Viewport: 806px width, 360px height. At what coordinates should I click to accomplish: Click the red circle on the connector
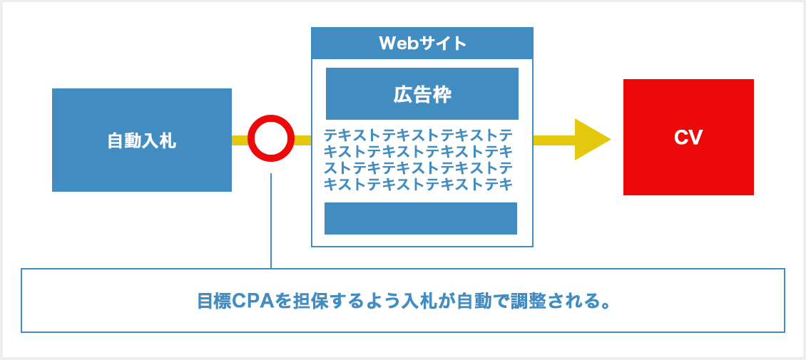coord(271,139)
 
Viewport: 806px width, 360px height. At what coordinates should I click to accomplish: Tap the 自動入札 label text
coord(141,140)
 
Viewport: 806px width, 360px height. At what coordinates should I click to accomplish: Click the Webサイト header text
coord(422,43)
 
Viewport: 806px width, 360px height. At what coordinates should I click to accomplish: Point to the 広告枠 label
coord(422,94)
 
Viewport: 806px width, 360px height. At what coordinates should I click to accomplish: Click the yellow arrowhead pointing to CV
coord(591,139)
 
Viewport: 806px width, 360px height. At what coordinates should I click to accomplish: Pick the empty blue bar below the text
coord(421,218)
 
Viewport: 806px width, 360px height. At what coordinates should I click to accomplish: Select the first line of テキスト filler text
coord(419,135)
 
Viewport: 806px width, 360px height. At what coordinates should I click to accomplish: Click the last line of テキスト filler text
coord(419,185)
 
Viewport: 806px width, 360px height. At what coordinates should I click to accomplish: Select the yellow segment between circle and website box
coord(302,140)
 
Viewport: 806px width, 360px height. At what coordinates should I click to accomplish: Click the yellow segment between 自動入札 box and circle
coord(240,140)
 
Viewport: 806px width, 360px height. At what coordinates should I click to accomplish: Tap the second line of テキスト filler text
coord(419,151)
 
